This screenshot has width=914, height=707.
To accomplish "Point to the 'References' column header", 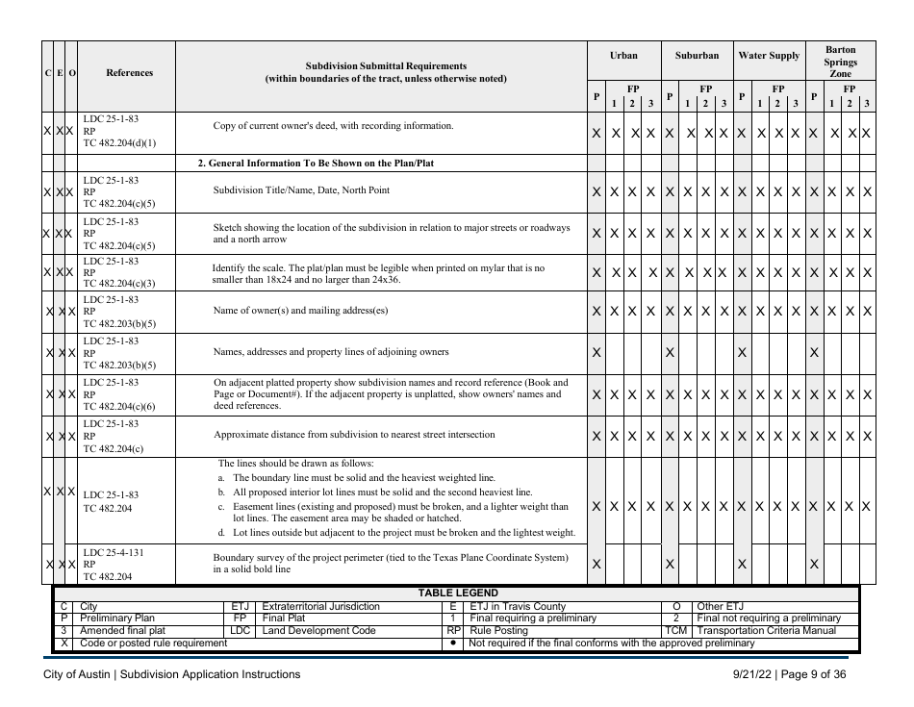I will [x=128, y=72].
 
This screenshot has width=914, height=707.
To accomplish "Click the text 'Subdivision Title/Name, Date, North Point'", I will [x=301, y=190].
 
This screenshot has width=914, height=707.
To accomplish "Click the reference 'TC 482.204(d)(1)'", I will [x=119, y=143].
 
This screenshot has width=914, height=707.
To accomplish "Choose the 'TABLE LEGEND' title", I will [x=457, y=593].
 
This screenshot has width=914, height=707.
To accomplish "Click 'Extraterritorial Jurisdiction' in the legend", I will [x=320, y=606].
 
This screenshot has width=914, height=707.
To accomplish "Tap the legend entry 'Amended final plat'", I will [x=125, y=630].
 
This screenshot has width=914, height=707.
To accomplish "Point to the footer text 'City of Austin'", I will [x=80, y=674].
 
